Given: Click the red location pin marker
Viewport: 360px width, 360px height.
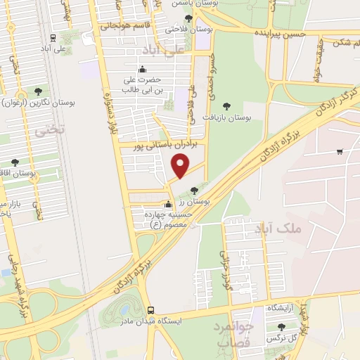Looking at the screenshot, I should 181,166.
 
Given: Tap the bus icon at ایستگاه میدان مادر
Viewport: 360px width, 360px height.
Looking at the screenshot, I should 150,310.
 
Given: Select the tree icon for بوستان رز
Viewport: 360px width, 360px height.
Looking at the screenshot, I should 195,190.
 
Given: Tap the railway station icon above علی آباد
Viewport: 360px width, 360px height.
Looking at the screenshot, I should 53,39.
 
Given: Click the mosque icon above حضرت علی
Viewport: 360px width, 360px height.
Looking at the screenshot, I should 143,69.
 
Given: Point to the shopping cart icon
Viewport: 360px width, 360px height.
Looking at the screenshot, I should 340,151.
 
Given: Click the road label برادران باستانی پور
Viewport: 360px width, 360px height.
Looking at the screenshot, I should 169,143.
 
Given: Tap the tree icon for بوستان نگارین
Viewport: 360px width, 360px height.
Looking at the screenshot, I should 39,91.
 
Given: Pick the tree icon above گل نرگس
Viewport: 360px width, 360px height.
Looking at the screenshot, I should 282,327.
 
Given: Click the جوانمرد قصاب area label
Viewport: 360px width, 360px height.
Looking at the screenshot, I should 233,333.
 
